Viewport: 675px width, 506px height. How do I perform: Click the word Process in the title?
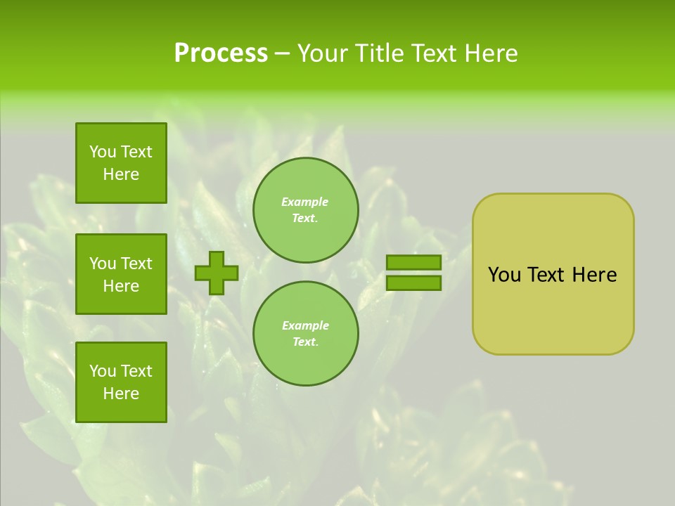(221, 53)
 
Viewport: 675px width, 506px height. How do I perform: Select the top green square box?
(121, 163)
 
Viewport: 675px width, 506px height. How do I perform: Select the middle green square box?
(121, 274)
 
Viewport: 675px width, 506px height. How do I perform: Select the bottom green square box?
(121, 382)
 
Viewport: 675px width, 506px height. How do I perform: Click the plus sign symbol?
(217, 273)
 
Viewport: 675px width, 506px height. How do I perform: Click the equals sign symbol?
(413, 273)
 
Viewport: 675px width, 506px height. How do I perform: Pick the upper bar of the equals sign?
(413, 262)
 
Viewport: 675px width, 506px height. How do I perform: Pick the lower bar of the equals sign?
(413, 283)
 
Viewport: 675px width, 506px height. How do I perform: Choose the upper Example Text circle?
(306, 210)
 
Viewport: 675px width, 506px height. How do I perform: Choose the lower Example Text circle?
(306, 334)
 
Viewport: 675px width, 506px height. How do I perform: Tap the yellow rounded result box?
(553, 274)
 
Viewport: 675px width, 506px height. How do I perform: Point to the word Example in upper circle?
(305, 202)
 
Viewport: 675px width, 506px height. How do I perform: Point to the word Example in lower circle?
(305, 325)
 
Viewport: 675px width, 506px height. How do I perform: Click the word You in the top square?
(103, 152)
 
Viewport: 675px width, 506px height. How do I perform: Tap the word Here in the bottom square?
(121, 394)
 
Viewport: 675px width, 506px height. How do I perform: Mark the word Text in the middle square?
(136, 264)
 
